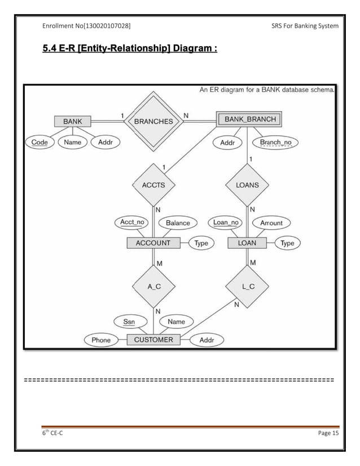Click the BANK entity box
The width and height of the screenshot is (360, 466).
coord(72,121)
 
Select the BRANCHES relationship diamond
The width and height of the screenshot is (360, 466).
coord(153,121)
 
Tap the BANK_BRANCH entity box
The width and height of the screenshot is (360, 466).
coord(249,119)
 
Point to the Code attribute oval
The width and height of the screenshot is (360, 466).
coord(39,142)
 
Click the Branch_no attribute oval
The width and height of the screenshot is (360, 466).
coord(275,143)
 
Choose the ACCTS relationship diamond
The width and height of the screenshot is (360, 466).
coord(153,184)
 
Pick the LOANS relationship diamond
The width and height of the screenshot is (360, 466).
coord(247,184)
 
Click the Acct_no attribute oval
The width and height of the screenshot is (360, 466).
coord(132,222)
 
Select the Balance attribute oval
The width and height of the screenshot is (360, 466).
coord(178,222)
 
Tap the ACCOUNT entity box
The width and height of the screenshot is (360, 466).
coord(153,243)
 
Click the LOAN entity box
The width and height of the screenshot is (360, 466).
coord(247,243)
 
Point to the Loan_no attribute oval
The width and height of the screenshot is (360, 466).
coord(226,222)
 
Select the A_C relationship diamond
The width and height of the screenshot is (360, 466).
coord(153,287)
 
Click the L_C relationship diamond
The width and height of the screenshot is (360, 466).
coord(248,287)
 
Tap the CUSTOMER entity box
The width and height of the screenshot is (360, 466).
coord(153,340)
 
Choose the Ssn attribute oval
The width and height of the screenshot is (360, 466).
coord(129,322)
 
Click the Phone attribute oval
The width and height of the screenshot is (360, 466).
coord(101,340)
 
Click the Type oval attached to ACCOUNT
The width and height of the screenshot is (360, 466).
coord(201,243)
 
